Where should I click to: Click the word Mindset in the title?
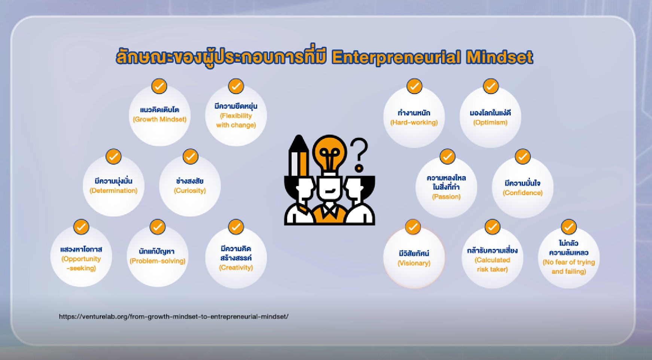pos(499,57)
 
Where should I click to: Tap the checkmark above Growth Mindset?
pos(159,86)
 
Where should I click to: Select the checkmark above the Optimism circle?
pos(491,86)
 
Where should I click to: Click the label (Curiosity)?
pos(190,190)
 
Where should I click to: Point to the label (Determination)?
pos(113,190)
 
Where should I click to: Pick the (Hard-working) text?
pos(414,122)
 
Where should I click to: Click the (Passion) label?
pos(446,196)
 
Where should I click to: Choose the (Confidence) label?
pos(522,193)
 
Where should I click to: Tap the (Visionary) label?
pos(414,263)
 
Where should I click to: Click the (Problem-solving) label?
pos(158,261)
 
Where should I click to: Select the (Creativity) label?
pos(236,268)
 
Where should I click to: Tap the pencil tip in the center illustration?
pos(298,137)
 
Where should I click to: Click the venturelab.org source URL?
pos(174,317)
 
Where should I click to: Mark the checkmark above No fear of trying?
pos(569,227)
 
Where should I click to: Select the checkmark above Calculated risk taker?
pos(492,227)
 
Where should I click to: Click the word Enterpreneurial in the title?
pos(396,57)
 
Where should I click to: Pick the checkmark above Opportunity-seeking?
pos(81,227)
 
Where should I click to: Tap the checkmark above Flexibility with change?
pos(236,86)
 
